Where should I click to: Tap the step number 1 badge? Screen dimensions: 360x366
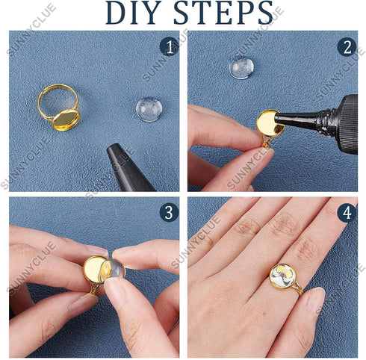click(169, 47)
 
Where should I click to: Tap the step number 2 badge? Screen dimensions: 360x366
click(347, 47)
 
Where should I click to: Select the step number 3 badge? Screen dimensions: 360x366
click(169, 212)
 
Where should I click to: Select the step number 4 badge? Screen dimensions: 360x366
click(347, 212)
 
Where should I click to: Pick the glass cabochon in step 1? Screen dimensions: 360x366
click(149, 109)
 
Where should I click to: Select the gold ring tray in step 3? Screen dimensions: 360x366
click(95, 269)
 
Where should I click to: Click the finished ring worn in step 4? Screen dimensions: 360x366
click(283, 277)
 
